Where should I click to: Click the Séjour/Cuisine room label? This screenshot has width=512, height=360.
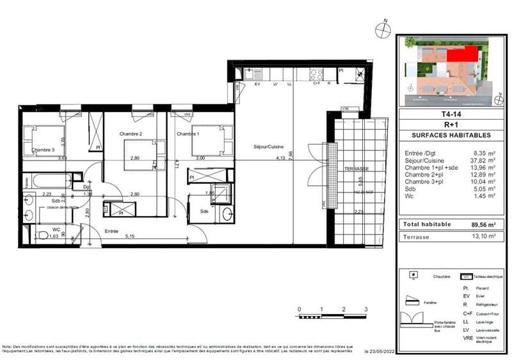tap(267, 146)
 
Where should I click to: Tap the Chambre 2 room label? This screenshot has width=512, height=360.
tap(130, 134)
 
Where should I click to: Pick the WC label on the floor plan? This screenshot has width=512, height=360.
tap(39, 228)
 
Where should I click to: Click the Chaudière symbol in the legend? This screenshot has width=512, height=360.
tap(414, 276)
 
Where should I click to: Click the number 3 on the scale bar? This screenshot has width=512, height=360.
tap(365, 309)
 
